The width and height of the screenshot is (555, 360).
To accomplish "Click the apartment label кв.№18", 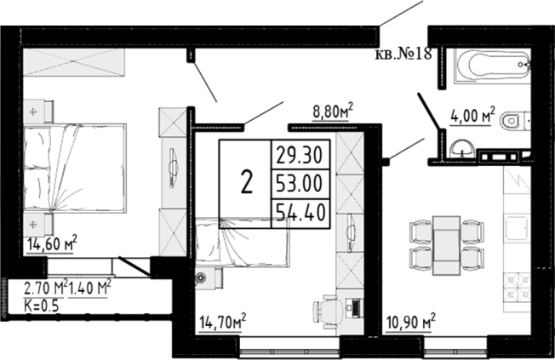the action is (403, 54).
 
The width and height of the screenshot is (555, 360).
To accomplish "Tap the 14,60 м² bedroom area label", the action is (52, 243).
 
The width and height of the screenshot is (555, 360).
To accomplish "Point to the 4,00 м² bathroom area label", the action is (472, 115).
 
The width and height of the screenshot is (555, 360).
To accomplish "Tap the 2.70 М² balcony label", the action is (45, 288).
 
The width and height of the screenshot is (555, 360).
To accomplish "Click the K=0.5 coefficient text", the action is (42, 306).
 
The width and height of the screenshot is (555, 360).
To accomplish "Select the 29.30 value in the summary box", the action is (300, 155).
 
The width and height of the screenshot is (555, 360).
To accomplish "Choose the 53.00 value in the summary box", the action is (300, 185).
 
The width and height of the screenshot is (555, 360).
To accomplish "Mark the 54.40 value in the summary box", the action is (300, 213).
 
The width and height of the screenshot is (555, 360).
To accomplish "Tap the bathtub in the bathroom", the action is (493, 66).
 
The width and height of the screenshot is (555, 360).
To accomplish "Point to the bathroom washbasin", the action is (462, 148).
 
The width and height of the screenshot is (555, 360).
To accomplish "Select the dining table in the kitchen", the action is (447, 245).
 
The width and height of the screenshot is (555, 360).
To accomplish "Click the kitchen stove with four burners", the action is (518, 287).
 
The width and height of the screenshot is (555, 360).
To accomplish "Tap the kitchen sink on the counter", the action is (518, 228).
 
